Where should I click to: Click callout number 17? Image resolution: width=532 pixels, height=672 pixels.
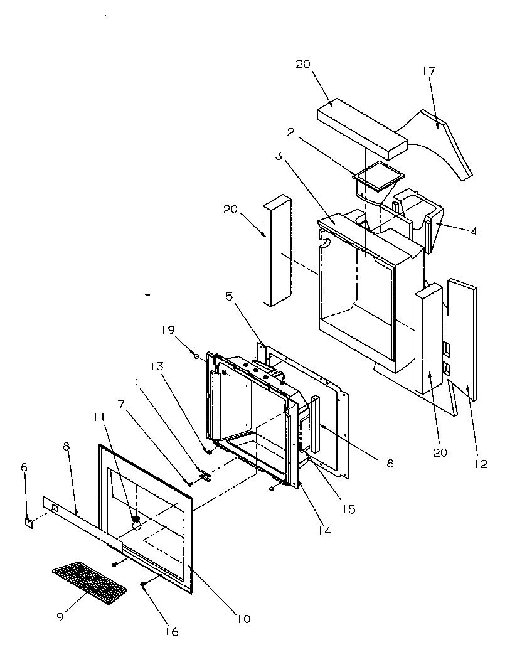[428, 71]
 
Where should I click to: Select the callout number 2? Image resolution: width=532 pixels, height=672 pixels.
[291, 132]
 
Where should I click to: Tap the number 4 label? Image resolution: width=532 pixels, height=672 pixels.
[473, 231]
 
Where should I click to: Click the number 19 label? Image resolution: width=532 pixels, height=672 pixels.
[168, 330]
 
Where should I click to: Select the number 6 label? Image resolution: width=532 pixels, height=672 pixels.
[24, 467]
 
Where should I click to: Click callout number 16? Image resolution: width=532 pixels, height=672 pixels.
[171, 632]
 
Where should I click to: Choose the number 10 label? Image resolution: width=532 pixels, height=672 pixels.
[243, 619]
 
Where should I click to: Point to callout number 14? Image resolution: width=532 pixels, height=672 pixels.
[324, 530]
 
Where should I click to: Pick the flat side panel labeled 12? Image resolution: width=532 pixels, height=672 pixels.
[463, 339]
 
